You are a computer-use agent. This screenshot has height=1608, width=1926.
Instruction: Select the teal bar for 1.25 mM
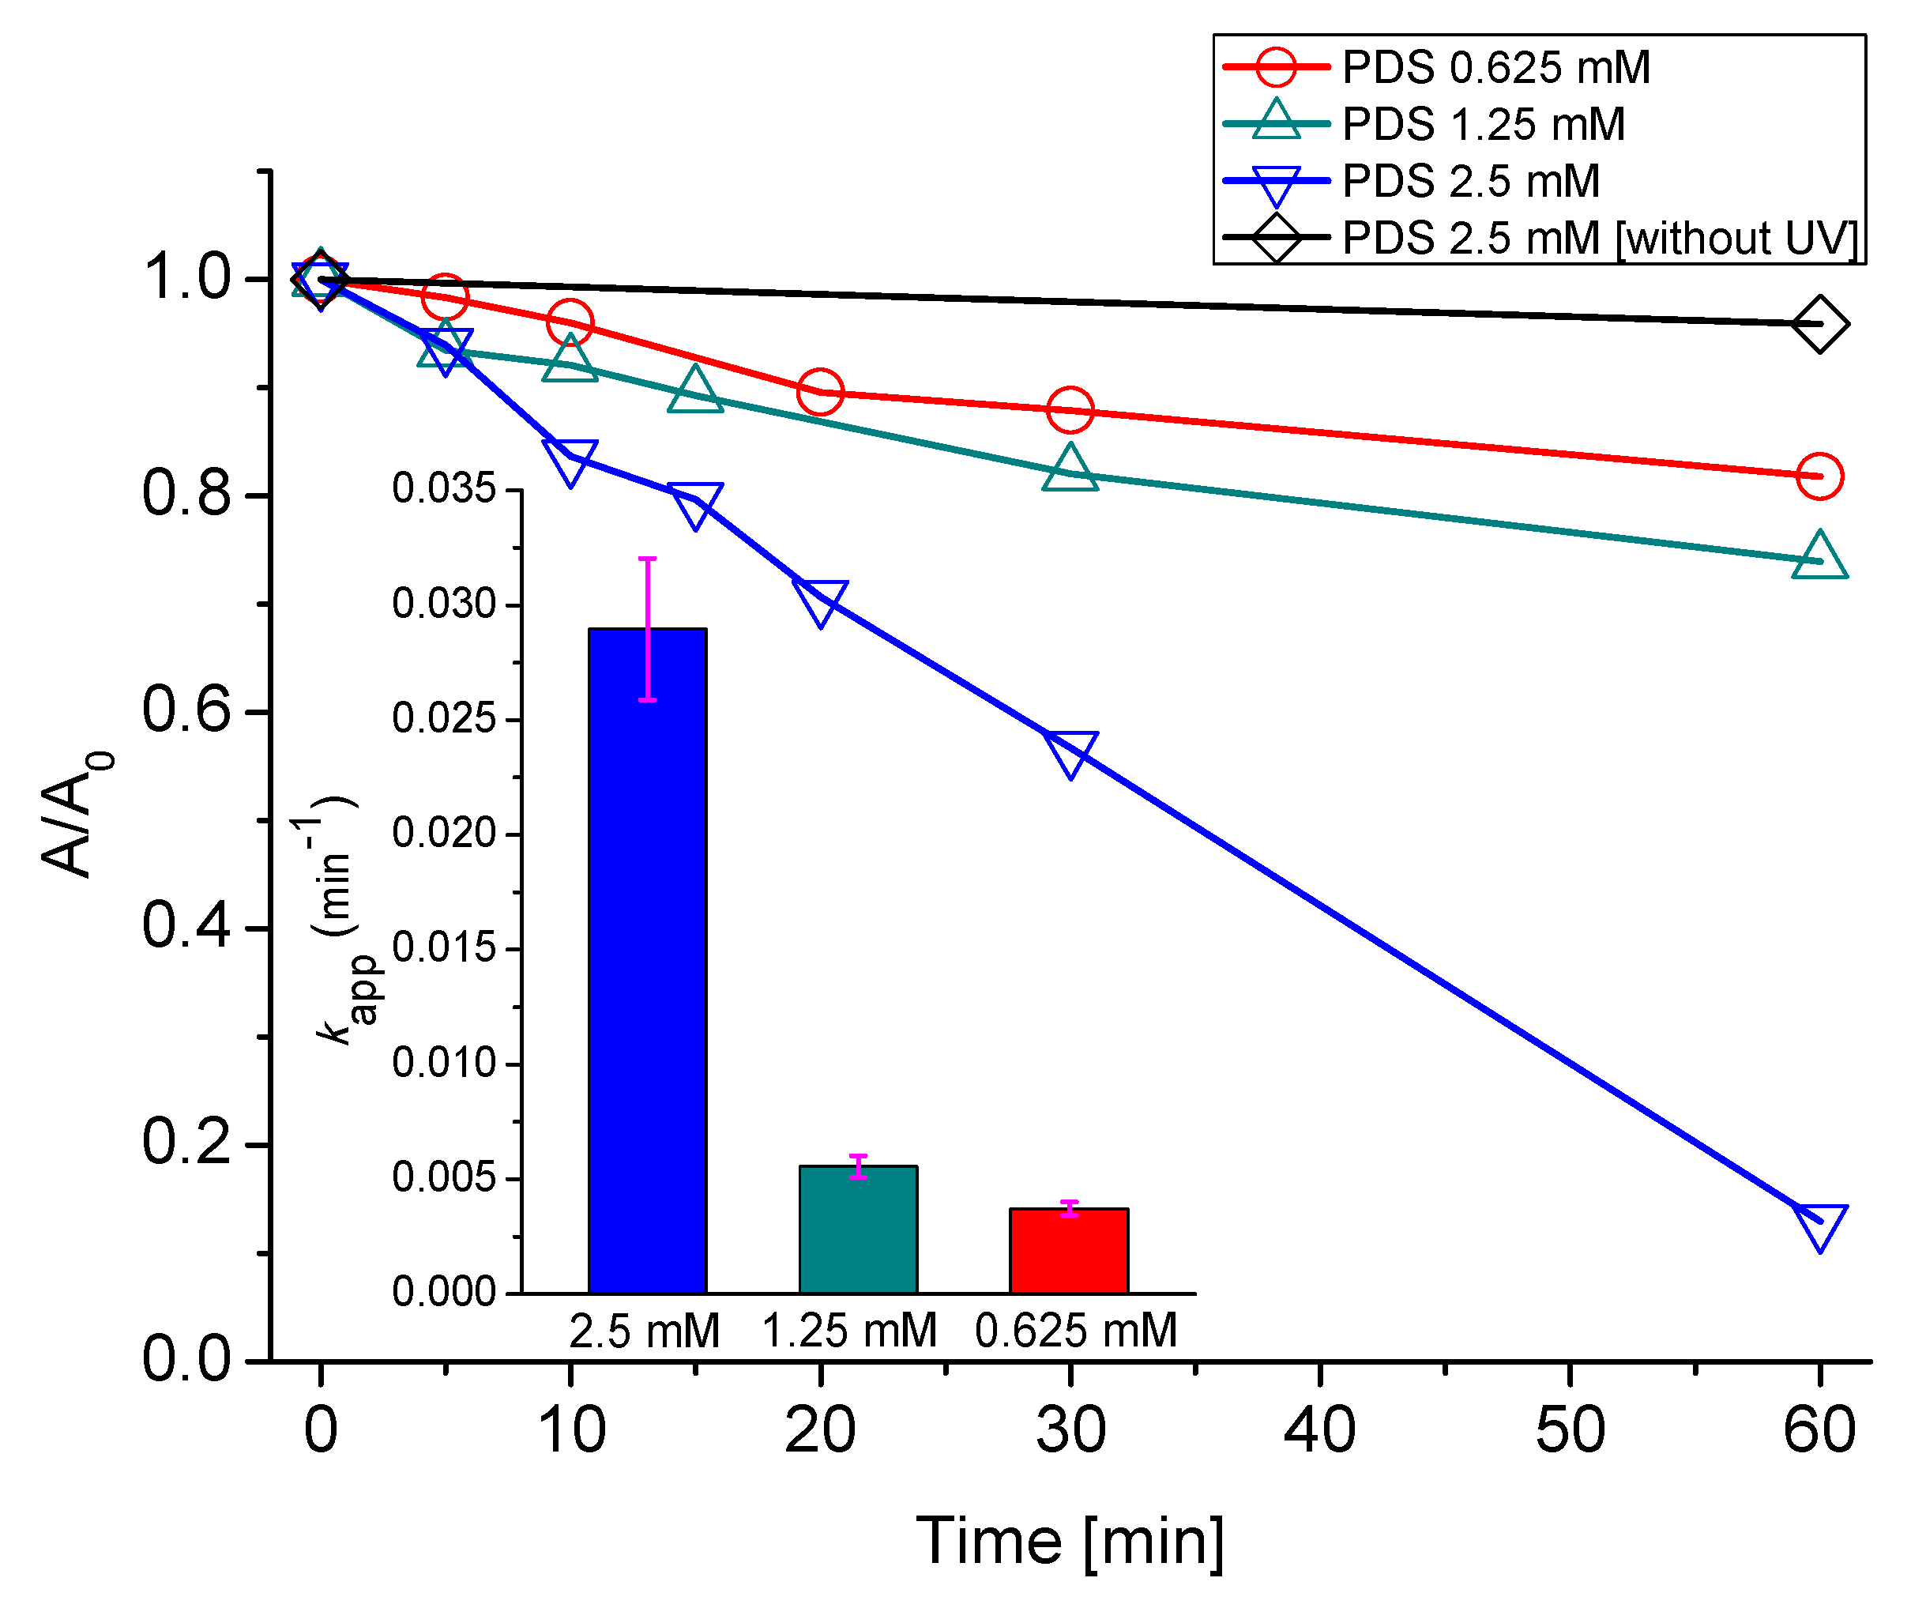click(859, 1230)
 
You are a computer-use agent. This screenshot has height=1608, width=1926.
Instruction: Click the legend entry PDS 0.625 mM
click(1495, 68)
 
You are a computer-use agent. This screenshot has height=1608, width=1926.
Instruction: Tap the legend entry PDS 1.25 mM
click(1483, 125)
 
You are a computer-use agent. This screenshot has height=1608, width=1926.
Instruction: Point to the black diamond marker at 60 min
click(1819, 325)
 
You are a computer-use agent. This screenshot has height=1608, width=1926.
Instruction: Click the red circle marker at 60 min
click(1819, 476)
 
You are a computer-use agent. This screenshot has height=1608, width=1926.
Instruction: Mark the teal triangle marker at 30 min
click(1070, 469)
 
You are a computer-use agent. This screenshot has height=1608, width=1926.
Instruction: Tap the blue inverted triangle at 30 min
click(1070, 753)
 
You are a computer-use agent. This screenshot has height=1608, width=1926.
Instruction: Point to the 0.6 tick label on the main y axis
click(186, 711)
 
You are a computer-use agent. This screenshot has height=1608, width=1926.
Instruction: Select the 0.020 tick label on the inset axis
click(444, 833)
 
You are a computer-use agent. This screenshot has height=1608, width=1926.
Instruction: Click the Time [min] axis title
click(1070, 1542)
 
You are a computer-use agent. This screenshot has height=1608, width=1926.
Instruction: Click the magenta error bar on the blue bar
click(648, 629)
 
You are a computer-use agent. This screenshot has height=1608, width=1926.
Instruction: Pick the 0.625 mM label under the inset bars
click(1075, 1331)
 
